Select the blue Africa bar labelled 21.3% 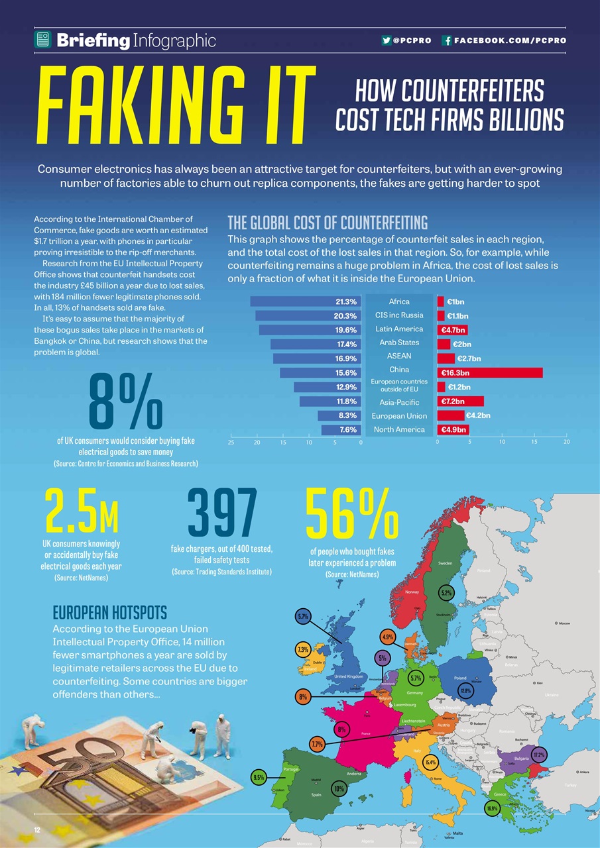click(305, 301)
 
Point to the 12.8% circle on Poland click(465, 691)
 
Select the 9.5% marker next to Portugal click(259, 777)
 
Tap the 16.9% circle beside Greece click(492, 808)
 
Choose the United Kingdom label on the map click(349, 676)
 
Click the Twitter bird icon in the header click(386, 40)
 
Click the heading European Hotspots click(109, 610)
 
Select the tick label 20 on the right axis click(566, 441)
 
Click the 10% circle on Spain click(339, 788)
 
